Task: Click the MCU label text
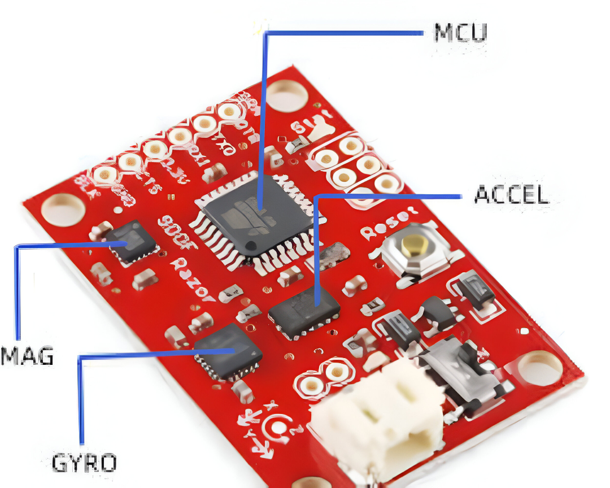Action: [x=460, y=32]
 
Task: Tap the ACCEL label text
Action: [x=511, y=195]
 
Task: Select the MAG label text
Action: [x=27, y=357]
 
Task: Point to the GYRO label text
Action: [x=85, y=463]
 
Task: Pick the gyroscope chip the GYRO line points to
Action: [x=228, y=351]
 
